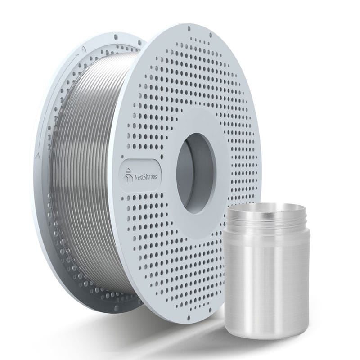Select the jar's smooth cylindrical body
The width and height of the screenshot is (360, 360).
pos(256,279)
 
